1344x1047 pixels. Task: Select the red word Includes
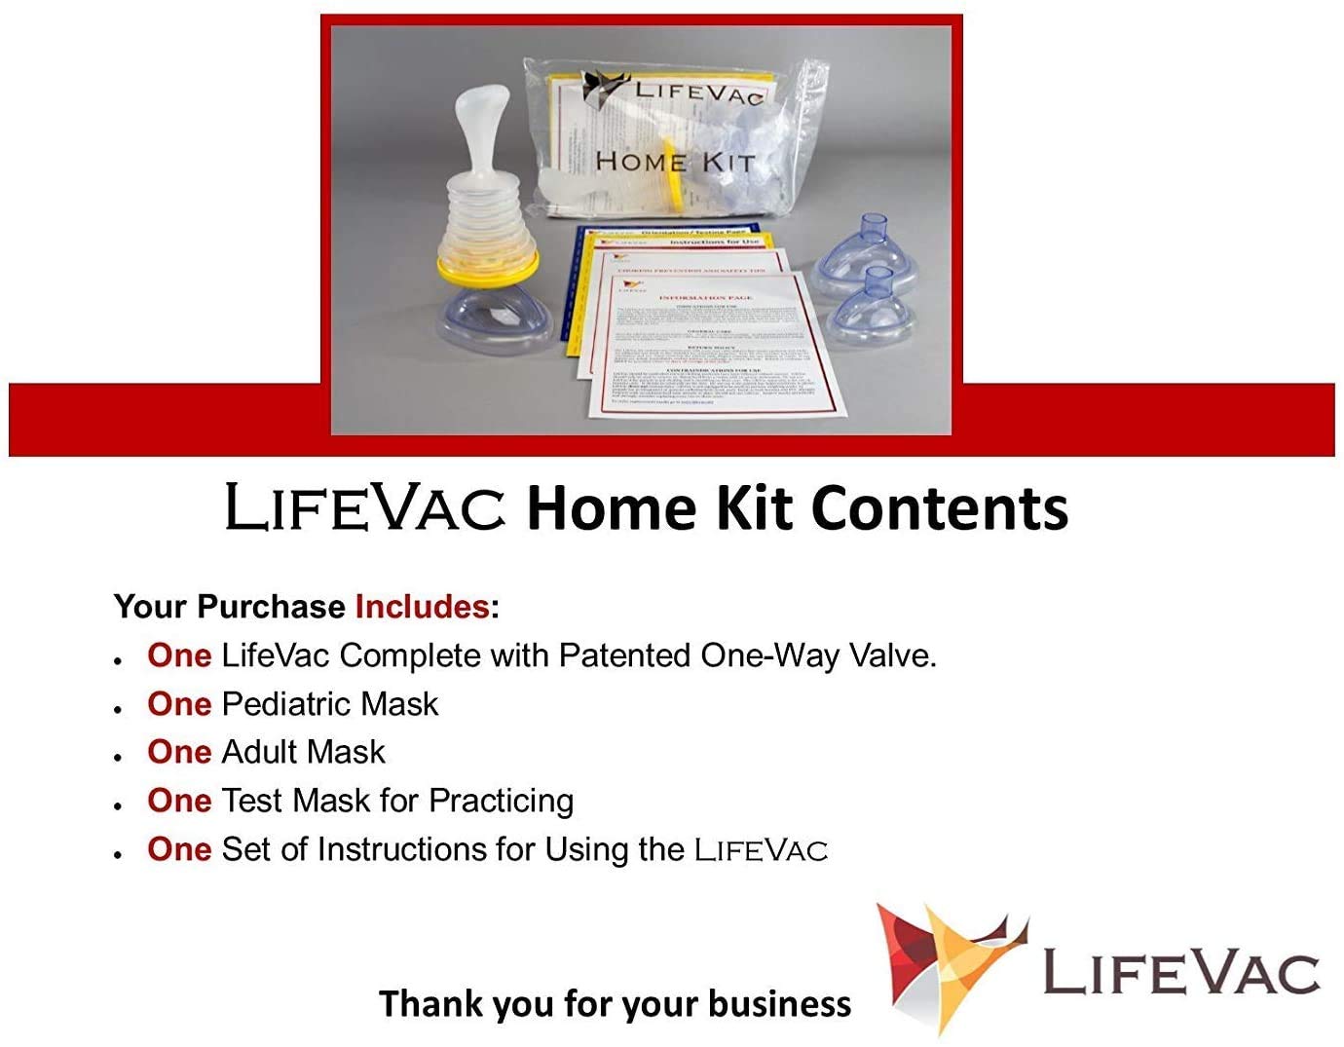pos(421,607)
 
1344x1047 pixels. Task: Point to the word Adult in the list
pos(257,752)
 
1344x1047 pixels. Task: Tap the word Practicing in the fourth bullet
pos(501,801)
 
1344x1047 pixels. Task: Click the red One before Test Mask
pos(179,801)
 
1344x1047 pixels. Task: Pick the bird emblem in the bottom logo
pos(950,964)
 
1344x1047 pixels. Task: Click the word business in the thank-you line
pos(779,1003)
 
